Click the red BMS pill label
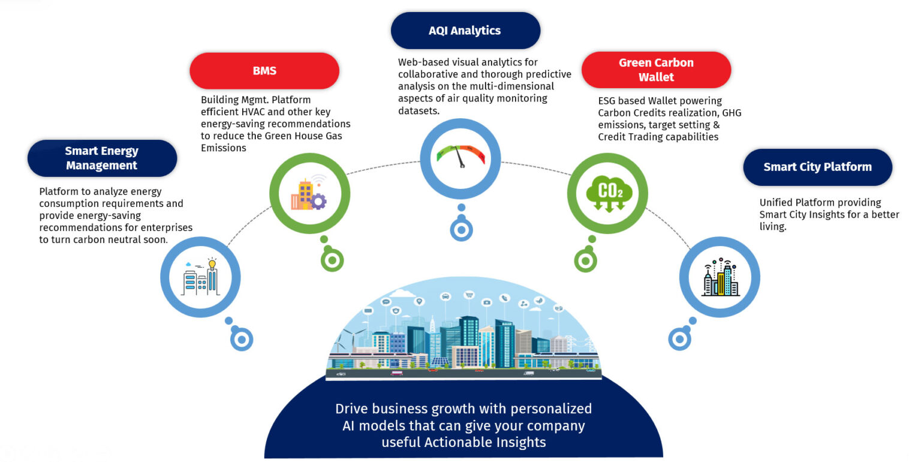pos(264,71)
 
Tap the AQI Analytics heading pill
pos(465,31)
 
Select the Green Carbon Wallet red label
pos(656,70)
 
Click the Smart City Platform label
pos(817,167)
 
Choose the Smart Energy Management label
pos(101,158)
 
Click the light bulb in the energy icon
pos(212,263)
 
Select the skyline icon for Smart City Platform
pos(720,278)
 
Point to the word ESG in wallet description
pos(609,101)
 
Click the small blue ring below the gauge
pos(461,229)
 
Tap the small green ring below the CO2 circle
pos(585,260)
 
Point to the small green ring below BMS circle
pos(332,260)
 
